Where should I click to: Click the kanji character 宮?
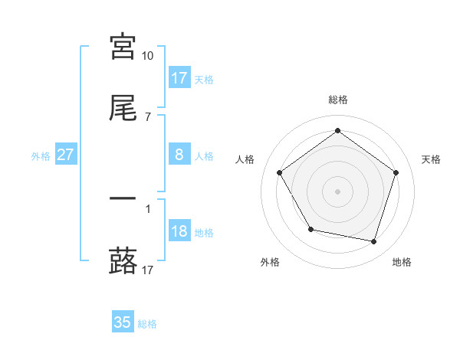point(123,47)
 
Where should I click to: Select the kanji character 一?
point(123,198)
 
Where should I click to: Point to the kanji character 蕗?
point(123,260)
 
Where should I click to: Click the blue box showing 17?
point(179,78)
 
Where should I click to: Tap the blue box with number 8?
point(179,155)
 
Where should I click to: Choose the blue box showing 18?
point(179,231)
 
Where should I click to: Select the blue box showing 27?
point(66,155)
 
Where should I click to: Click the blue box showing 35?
point(123,322)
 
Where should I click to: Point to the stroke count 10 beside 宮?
point(147,56)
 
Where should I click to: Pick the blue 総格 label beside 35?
point(147,324)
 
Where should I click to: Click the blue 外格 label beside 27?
point(41,156)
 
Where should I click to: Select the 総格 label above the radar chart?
point(338,100)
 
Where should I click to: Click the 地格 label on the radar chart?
point(402,262)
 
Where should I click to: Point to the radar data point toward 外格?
point(310,229)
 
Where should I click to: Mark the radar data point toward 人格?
point(280,172)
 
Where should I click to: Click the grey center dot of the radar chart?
point(338,191)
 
